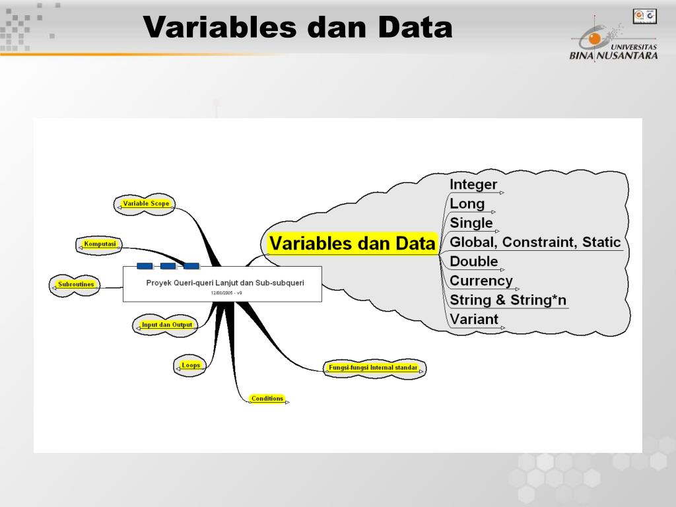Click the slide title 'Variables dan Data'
tap(298, 28)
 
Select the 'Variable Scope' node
tap(147, 204)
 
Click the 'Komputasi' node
tap(100, 244)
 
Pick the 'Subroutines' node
tap(76, 285)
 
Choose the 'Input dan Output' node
tap(166, 325)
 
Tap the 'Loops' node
tap(190, 365)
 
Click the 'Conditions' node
tap(267, 399)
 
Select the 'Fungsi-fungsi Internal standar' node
tap(373, 368)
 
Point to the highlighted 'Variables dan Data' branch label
tap(353, 244)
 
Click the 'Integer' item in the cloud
tap(473, 184)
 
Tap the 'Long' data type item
tap(467, 204)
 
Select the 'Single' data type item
tap(471, 223)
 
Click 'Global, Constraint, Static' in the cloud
tap(535, 242)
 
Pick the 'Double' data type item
tap(474, 261)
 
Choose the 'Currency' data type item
tap(481, 281)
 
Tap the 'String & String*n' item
tap(508, 300)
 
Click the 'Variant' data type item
tap(474, 320)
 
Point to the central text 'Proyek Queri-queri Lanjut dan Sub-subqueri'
tap(225, 283)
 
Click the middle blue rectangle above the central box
tap(168, 266)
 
